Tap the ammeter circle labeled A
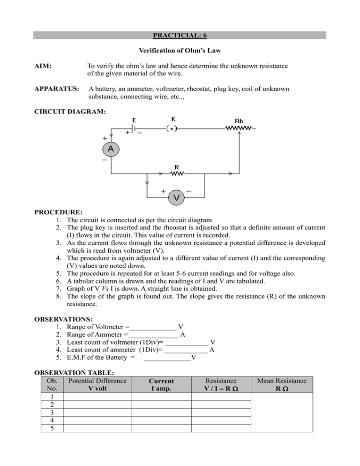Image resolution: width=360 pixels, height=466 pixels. (111, 149)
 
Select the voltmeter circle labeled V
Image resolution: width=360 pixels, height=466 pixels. (176, 197)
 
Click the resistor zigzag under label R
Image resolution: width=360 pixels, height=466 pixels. (177, 174)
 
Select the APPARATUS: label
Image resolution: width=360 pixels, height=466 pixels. (57, 89)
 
